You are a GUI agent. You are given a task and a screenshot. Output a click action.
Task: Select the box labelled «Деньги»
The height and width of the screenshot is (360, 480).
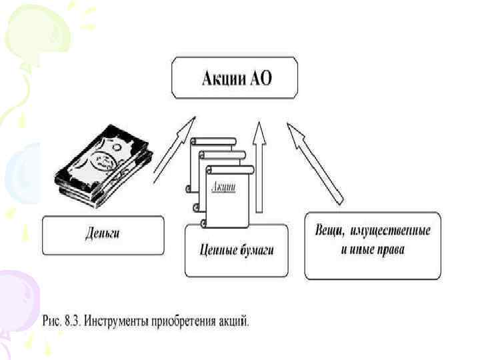103,235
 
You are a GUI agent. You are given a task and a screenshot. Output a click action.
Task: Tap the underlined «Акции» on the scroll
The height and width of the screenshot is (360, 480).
223,187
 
